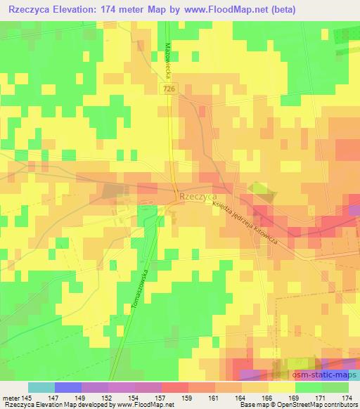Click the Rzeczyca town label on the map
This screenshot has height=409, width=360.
pos(197,198)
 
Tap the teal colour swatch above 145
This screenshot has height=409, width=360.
pos(41,387)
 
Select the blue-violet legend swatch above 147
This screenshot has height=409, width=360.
pos(68,387)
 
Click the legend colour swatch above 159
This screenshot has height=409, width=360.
pos(176,387)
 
